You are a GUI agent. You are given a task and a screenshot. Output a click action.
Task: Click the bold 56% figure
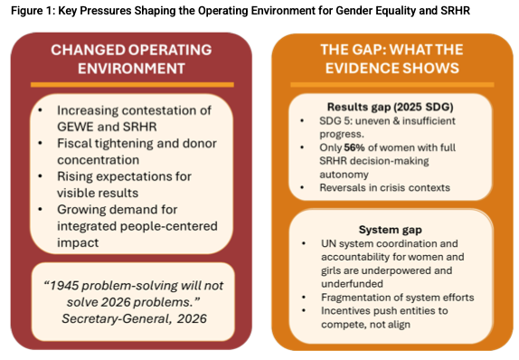[354, 147]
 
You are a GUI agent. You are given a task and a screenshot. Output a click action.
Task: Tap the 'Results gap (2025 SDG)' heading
[391, 107]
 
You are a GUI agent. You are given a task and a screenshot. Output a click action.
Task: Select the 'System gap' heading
[391, 230]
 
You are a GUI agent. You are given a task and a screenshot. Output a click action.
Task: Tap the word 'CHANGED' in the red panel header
[88, 50]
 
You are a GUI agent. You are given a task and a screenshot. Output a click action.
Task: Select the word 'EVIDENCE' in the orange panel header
[363, 68]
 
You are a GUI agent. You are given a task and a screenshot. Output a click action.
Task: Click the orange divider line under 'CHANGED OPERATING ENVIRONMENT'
[132, 85]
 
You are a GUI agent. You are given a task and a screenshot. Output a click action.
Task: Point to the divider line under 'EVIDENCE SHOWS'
[392, 85]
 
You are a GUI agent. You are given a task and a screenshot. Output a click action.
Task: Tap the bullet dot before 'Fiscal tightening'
[40, 144]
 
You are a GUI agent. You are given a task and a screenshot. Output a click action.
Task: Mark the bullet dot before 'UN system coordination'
[303, 243]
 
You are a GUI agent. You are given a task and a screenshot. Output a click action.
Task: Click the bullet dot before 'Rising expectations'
[40, 176]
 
